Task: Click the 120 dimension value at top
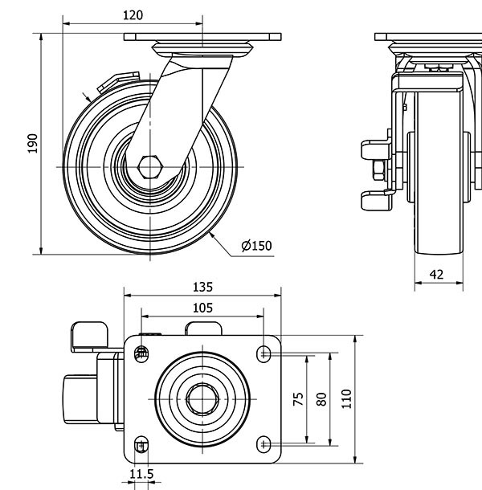(x=133, y=14)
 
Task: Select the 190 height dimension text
(x=33, y=142)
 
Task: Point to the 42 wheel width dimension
(x=436, y=274)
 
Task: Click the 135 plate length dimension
(x=202, y=286)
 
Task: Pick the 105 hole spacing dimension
(x=202, y=307)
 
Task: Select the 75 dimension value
(x=298, y=398)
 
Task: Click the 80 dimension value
(x=321, y=398)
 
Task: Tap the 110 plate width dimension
(x=346, y=398)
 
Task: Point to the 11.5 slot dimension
(x=141, y=474)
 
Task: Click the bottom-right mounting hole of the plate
(x=264, y=443)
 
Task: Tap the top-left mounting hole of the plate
(x=142, y=352)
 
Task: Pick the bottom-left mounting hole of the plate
(x=141, y=444)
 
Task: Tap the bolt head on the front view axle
(x=377, y=171)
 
